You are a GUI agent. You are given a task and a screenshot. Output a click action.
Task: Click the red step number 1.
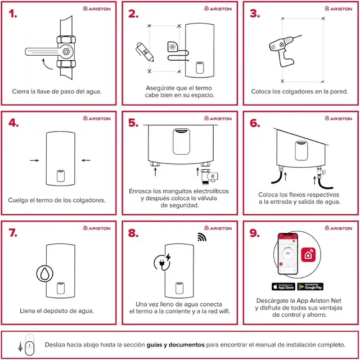[x=12, y=13]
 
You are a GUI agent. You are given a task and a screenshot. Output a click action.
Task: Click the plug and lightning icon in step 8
[x=163, y=262]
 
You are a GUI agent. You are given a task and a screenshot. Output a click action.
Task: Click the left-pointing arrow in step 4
[x=85, y=160]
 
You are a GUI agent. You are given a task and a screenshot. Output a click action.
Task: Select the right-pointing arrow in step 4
[x=34, y=160]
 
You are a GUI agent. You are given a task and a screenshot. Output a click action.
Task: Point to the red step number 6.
[x=255, y=123]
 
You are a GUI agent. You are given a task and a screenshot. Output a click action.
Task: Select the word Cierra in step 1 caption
[x=22, y=91]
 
